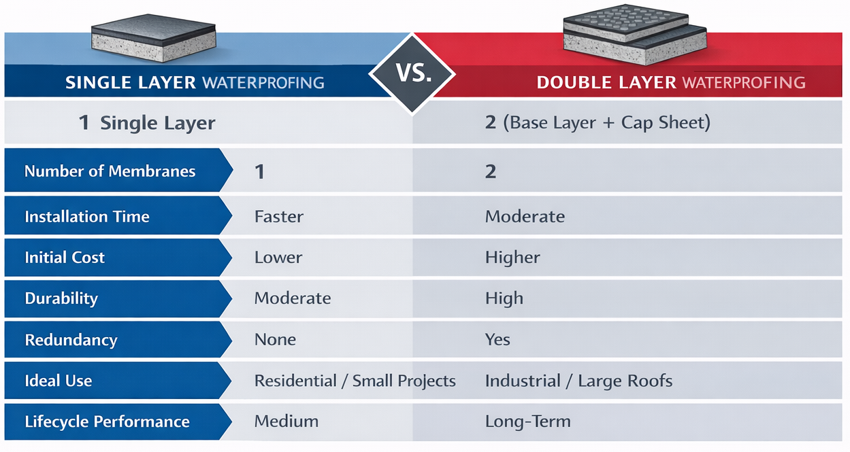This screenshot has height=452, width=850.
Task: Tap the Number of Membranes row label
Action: (110, 171)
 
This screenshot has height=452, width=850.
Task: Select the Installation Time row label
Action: (87, 217)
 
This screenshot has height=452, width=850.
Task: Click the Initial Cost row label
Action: (65, 258)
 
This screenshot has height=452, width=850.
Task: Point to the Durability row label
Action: (61, 298)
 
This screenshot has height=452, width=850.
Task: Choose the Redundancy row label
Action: (71, 340)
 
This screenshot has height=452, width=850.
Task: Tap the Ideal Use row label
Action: (59, 381)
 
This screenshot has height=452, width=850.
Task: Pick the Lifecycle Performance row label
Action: (107, 421)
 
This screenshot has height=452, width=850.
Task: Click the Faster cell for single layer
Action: (279, 217)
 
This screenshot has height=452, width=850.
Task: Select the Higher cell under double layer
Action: (512, 258)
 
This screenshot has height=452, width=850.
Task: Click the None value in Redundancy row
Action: (275, 340)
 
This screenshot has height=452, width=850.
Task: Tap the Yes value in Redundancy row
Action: (497, 340)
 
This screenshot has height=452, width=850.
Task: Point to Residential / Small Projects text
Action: (355, 381)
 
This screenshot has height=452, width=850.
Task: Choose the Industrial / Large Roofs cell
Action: (578, 381)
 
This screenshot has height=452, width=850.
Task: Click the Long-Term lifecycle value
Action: (527, 421)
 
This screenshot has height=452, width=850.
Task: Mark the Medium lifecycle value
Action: (286, 421)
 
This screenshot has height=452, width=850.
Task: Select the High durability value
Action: (504, 298)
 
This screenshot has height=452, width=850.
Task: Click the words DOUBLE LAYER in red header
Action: (606, 83)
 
